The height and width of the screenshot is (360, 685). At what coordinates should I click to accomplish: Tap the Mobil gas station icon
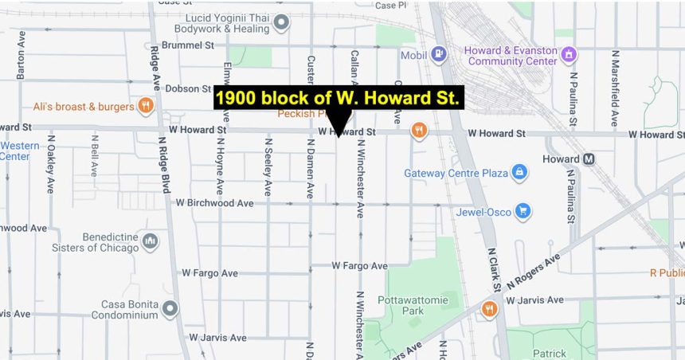click(437, 55)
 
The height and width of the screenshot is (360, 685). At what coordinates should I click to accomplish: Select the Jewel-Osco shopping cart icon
click(523, 211)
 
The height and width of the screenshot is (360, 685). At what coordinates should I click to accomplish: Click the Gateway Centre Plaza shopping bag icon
click(519, 172)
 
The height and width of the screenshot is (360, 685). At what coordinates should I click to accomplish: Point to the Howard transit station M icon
click(589, 158)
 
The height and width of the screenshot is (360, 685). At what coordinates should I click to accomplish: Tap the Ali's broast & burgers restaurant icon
click(145, 105)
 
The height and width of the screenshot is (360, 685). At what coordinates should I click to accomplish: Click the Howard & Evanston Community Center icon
click(569, 55)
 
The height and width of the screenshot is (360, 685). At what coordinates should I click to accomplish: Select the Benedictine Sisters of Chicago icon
click(150, 240)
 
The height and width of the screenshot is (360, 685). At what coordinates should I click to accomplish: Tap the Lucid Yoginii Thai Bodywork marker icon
click(280, 23)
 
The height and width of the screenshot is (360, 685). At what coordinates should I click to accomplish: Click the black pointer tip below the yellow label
click(339, 135)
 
